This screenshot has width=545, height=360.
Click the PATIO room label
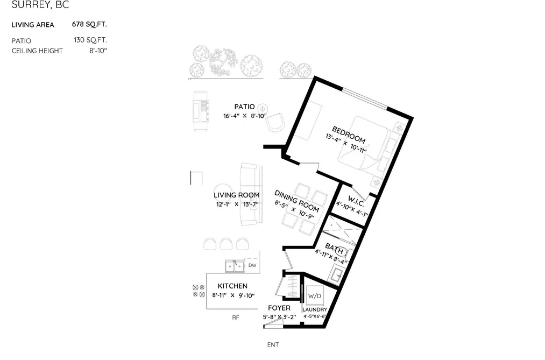tap(244, 107)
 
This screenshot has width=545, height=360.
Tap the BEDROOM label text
tap(349, 135)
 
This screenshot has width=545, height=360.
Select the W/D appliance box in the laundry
tap(315, 296)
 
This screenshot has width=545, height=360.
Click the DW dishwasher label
tap(252, 265)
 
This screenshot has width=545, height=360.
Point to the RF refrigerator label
tap(236, 317)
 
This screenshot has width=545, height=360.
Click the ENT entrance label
tap(273, 345)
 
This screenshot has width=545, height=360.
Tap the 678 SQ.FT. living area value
tap(89, 24)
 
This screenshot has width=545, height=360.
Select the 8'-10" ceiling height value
tap(98, 51)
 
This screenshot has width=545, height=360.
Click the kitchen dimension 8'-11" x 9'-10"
tap(233, 295)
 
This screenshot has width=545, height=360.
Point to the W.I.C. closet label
tap(356, 201)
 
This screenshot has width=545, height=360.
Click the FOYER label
tap(279, 308)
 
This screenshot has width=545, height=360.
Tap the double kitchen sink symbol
tap(235, 266)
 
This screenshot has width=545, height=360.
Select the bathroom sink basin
tap(337, 274)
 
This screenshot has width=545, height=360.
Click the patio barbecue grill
tap(201, 111)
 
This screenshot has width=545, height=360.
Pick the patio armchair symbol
tap(275, 122)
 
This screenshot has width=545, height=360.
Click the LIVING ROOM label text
tap(236, 195)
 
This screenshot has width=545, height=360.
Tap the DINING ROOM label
tap(296, 201)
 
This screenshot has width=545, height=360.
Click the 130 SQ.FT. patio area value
tap(90, 40)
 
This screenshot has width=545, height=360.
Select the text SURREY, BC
tap(40, 5)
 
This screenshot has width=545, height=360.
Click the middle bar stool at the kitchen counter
tap(226, 244)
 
